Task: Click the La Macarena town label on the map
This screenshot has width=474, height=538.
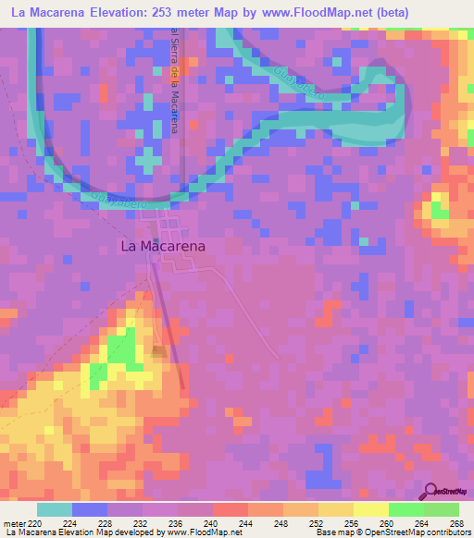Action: click(163, 247)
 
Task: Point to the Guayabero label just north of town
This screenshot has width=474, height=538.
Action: click(115, 197)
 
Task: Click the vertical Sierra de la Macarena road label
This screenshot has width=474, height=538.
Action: click(173, 81)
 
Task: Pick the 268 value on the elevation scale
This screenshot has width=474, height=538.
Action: click(455, 522)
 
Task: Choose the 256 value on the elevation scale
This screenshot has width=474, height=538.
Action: click(353, 522)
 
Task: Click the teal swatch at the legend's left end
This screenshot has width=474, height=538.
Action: click(55, 509)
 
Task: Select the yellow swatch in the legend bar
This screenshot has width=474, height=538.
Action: click(370, 509)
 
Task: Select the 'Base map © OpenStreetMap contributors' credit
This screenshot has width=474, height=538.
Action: click(391, 532)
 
